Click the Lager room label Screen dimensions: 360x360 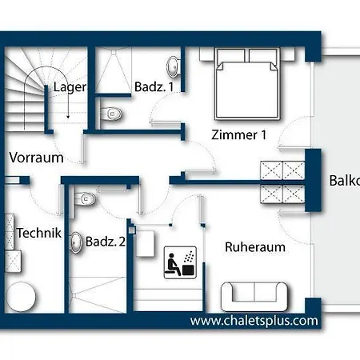click(x=70, y=87)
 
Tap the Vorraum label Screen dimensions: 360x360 click(x=36, y=158)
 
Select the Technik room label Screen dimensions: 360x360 click(x=39, y=233)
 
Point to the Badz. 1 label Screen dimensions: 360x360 click(x=154, y=87)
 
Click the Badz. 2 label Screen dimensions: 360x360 click(x=106, y=242)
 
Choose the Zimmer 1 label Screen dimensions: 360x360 click(x=239, y=135)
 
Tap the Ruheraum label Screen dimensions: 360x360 click(x=255, y=247)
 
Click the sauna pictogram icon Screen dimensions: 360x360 click(x=180, y=262)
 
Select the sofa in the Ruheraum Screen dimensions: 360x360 click(x=254, y=297)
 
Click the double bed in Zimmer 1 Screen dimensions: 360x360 click(x=247, y=84)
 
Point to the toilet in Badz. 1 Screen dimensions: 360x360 click(x=111, y=114)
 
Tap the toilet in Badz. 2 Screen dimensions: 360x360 click(x=84, y=199)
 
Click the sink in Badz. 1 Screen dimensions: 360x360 click(x=173, y=67)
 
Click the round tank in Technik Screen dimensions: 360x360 click(x=21, y=297)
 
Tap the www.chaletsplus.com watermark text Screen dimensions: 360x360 click(x=254, y=321)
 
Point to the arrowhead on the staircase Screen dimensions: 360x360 click(x=68, y=116)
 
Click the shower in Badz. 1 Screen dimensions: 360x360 click(x=114, y=70)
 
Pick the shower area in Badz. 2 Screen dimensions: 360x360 click(x=98, y=294)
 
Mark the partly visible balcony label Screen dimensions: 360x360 click(x=345, y=181)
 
